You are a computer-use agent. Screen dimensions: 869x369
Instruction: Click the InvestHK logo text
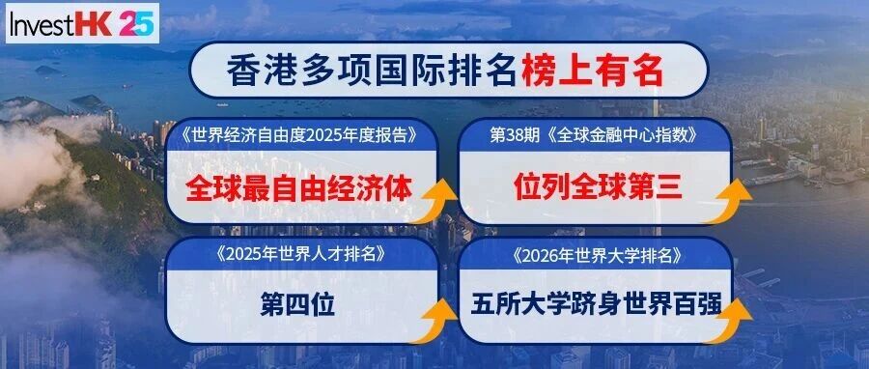(61, 24)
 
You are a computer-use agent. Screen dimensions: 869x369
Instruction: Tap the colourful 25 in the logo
(136, 24)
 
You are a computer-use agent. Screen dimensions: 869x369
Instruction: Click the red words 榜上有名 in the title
(592, 71)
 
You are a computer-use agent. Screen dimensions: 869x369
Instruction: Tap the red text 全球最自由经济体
(299, 188)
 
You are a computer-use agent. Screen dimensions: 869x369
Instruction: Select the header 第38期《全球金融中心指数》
(594, 135)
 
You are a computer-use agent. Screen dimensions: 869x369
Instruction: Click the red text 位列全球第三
(598, 186)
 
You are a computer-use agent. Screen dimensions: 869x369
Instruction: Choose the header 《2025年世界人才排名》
(300, 255)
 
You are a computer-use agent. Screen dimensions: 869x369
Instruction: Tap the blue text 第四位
(298, 304)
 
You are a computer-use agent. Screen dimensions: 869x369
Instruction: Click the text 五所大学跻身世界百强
(597, 304)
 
